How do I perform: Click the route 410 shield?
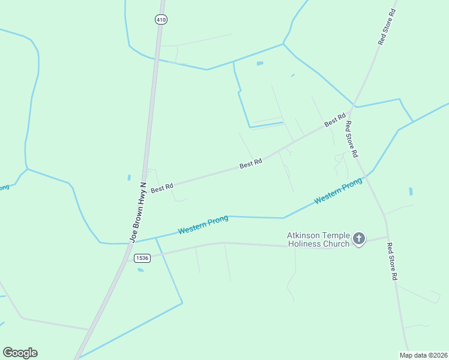coord(160,20)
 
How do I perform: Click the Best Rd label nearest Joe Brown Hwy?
coord(162,188)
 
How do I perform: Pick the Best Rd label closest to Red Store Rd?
coord(335,120)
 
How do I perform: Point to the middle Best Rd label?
coord(251,163)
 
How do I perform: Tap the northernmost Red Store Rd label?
coord(387,27)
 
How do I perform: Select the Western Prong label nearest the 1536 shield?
coord(203,225)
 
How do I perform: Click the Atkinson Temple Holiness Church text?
coord(318,239)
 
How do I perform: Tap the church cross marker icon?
coord(359,239)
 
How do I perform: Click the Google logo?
coord(20,353)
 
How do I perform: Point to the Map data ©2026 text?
coord(423,355)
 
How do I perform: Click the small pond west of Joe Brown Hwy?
coord(129,178)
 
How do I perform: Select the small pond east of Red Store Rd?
coord(411,192)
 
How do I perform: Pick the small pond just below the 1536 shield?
coord(140,270)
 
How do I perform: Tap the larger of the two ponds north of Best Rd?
coord(259,63)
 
